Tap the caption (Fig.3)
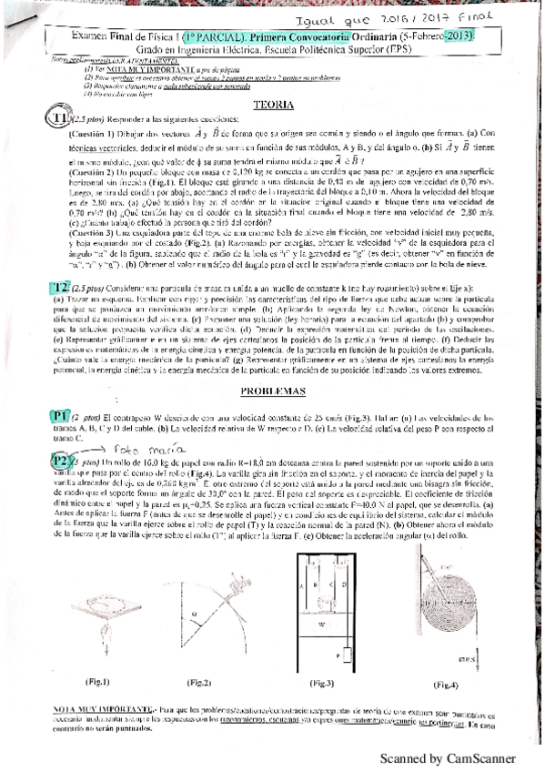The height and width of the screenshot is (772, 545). (x=323, y=683)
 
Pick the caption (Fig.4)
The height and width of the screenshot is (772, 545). (x=446, y=683)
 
